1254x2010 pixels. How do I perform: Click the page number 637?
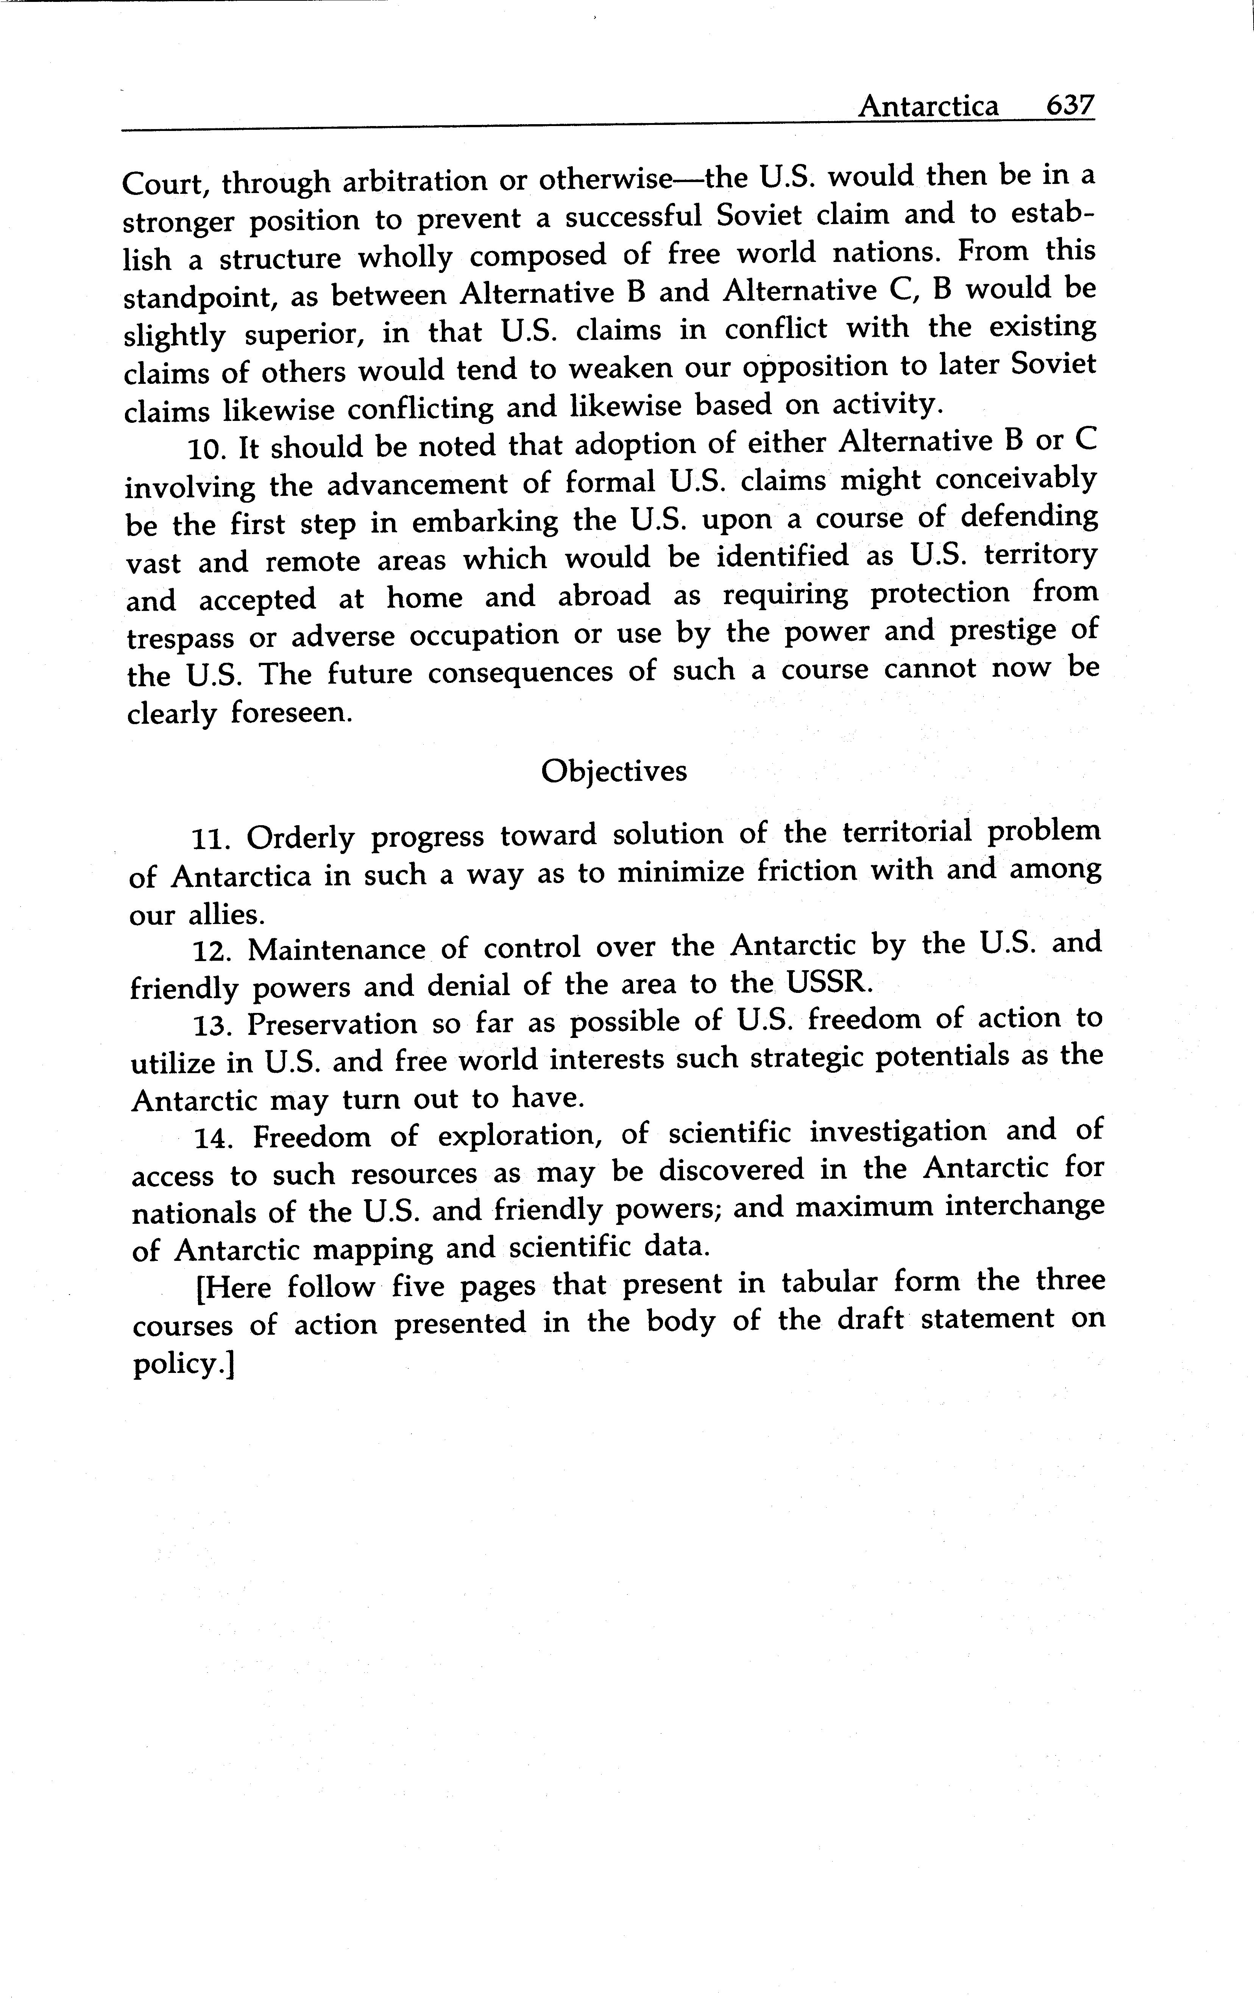1070,106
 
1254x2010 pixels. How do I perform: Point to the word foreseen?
291,714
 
